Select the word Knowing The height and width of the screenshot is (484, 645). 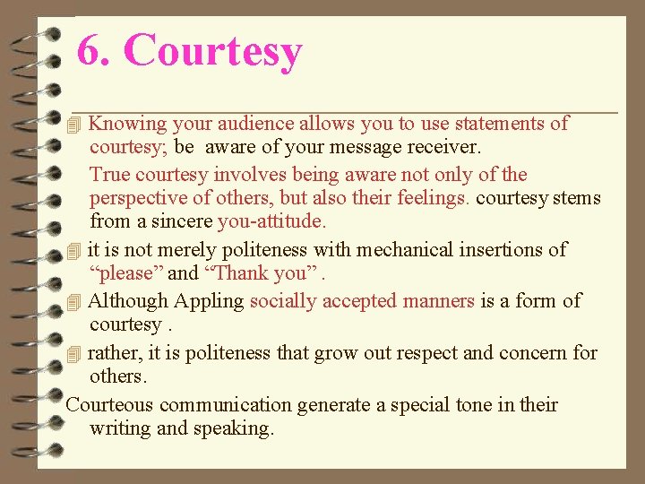128,124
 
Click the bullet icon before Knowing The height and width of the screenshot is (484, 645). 75,125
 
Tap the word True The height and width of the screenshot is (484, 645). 109,175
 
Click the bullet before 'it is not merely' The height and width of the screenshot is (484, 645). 75,251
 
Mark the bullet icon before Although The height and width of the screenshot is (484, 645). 75,302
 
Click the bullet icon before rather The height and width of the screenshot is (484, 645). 75,354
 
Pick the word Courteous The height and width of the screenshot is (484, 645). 110,405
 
